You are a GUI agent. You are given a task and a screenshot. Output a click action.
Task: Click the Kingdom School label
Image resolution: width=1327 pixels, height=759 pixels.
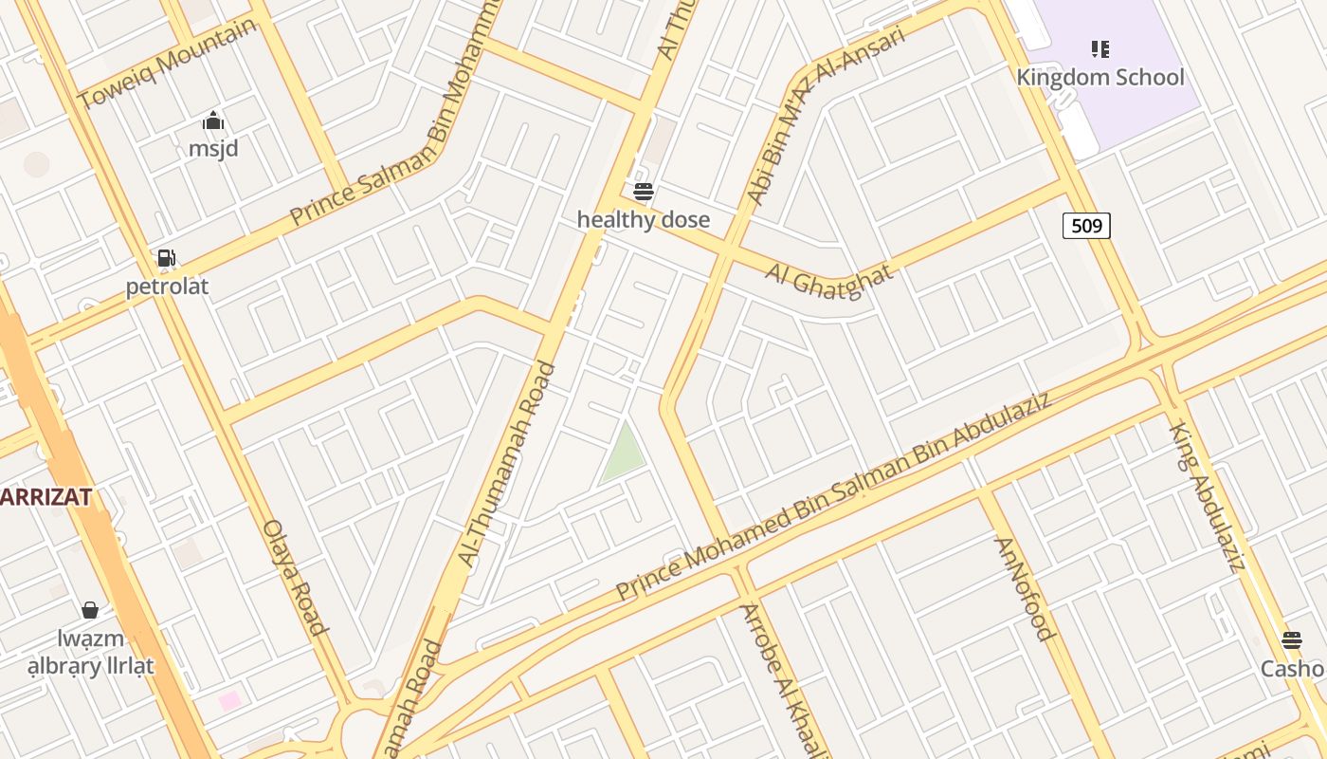[x=1100, y=77]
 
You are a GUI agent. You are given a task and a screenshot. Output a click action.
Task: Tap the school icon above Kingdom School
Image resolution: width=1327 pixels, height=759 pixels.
[x=1100, y=48]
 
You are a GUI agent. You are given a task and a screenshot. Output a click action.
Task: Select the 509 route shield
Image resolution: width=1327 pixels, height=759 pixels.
[x=1086, y=226]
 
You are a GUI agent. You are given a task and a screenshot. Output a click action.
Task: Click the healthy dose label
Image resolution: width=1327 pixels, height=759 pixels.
[x=643, y=220]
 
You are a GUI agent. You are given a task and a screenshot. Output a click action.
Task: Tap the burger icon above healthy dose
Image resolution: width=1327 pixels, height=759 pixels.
[x=644, y=192]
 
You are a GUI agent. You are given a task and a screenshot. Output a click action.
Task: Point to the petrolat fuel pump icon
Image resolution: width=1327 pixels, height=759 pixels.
[x=167, y=258]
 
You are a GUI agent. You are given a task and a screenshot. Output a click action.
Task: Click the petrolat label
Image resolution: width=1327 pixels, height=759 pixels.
[x=167, y=287]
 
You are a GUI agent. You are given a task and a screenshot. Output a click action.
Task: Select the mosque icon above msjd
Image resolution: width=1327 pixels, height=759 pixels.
[x=213, y=121]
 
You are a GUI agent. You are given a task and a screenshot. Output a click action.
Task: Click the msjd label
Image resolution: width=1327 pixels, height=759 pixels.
[x=213, y=149]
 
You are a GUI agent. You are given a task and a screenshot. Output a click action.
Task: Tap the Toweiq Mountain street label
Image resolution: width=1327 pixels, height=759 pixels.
[x=167, y=63]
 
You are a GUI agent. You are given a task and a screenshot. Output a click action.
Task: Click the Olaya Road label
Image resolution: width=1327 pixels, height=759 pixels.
[x=295, y=576]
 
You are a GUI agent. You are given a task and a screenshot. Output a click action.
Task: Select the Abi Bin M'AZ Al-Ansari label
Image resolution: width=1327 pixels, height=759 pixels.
[x=825, y=115]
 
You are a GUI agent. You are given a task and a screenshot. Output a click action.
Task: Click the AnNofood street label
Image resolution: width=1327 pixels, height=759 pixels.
[x=1024, y=588]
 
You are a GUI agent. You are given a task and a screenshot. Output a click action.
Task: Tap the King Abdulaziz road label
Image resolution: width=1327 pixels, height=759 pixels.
[x=1206, y=497]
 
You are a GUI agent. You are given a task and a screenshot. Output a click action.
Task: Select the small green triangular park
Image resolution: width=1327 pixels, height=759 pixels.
[x=624, y=453]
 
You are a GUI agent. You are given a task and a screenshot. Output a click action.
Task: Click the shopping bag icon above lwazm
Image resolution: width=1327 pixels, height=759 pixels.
[x=90, y=610]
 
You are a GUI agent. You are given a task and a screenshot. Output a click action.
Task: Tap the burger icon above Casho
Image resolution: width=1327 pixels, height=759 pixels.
[x=1292, y=640]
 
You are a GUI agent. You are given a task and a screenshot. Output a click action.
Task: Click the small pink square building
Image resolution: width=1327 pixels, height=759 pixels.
[x=229, y=701]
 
